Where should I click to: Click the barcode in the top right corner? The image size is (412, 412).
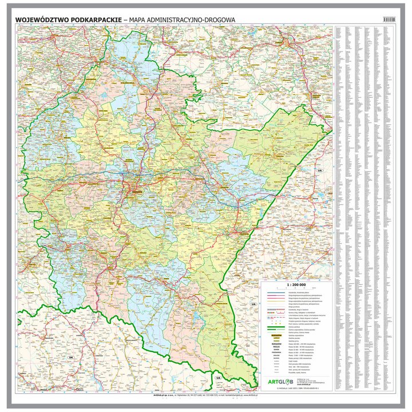pyautogui.click(x=389, y=19)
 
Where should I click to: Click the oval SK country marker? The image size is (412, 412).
pyautogui.click(x=72, y=358)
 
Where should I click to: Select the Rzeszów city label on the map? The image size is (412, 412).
pyautogui.click(x=136, y=192)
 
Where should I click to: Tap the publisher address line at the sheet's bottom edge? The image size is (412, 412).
pyautogui.click(x=206, y=395)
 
